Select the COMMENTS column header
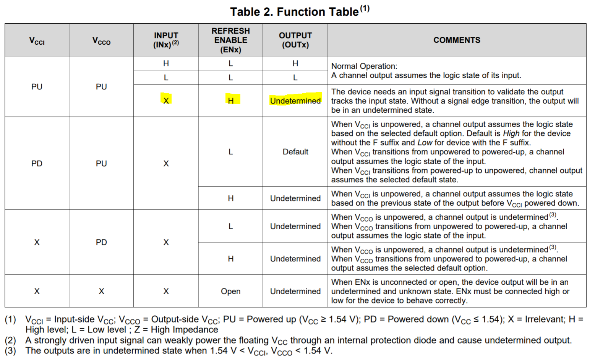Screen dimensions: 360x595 [x=457, y=40]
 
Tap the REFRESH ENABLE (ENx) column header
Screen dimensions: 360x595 [x=230, y=40]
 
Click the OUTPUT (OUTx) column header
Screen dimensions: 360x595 [x=295, y=40]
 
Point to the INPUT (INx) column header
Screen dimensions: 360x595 [x=166, y=40]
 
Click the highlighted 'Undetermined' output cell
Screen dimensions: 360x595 [x=295, y=101]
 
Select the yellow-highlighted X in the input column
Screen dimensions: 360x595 [x=166, y=101]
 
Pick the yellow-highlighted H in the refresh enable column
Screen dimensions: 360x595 [x=231, y=101]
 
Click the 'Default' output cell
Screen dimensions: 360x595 [x=295, y=152]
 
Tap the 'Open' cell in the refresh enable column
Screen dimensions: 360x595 [x=230, y=291]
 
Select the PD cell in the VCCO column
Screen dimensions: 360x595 [x=101, y=242]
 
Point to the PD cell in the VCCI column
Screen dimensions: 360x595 [x=37, y=164]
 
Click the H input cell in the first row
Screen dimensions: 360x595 [x=166, y=63]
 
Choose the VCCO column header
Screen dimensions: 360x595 [x=101, y=41]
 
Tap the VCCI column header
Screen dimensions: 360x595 [x=37, y=41]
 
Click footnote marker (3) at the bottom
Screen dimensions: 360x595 [x=10, y=350]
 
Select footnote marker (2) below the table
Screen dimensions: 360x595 [x=10, y=340]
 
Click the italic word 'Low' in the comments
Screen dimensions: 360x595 [x=425, y=143]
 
